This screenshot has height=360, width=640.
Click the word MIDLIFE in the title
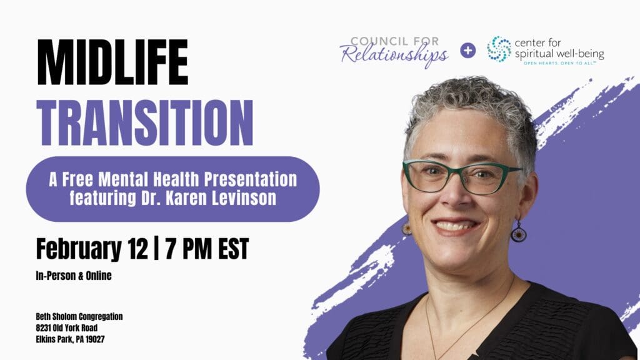pyautogui.click(x=112, y=62)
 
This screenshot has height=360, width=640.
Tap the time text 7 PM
pyautogui.click(x=188, y=249)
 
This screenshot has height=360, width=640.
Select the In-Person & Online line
pyautogui.click(x=74, y=276)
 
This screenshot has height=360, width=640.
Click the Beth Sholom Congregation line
pyautogui.click(x=79, y=317)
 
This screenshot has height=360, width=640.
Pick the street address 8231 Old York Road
pyautogui.click(x=67, y=328)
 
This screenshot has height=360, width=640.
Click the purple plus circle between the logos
pyautogui.click(x=467, y=50)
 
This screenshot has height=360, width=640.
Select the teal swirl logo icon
pyautogui.click(x=499, y=49)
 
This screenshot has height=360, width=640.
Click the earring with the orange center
pyautogui.click(x=407, y=229)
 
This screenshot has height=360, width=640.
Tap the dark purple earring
pyautogui.click(x=518, y=234)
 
